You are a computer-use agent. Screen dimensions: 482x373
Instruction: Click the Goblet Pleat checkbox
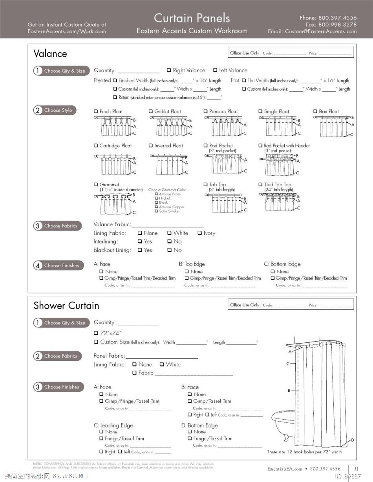[151, 112]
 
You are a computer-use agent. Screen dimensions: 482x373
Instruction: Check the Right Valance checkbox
[169, 71]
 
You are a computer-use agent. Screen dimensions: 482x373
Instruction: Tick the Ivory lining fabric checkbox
[199, 233]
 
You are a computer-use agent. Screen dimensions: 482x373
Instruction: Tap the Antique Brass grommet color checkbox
[157, 194]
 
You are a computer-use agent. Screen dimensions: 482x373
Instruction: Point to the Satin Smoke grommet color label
[169, 211]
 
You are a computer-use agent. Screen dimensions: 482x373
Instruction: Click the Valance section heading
[50, 54]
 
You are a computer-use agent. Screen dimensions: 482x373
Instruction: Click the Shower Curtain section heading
[66, 306]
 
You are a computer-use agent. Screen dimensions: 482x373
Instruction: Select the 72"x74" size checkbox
[96, 333]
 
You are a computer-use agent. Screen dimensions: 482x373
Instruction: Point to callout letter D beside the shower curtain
[352, 440]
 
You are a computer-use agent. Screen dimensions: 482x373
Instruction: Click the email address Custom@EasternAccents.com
[321, 31]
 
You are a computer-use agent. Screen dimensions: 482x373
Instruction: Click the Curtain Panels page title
[192, 18]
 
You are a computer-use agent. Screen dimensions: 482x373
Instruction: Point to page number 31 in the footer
[356, 469]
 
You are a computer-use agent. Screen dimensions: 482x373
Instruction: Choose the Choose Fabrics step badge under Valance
[58, 226]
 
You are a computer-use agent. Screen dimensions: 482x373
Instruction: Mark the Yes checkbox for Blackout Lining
[140, 250]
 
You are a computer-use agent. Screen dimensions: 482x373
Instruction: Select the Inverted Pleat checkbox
[151, 146]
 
